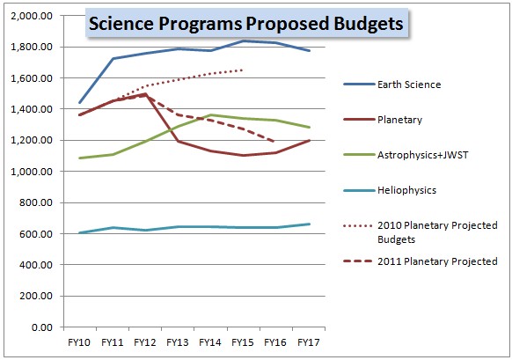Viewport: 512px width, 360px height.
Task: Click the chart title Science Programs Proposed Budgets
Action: click(x=245, y=24)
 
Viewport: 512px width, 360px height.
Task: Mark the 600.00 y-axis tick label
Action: click(x=36, y=234)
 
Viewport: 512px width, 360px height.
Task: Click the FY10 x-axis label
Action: click(x=80, y=341)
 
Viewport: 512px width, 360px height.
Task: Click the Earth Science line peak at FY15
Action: click(x=243, y=40)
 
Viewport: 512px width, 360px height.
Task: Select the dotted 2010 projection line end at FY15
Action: click(x=243, y=70)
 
